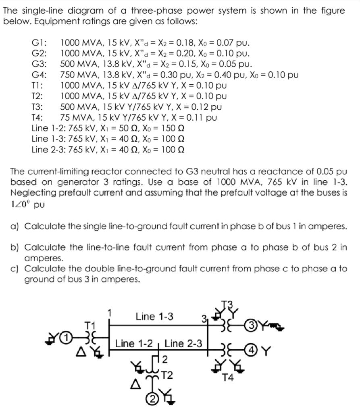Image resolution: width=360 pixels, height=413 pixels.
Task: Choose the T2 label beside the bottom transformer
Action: click(x=167, y=376)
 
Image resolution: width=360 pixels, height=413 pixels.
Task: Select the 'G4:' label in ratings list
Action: click(x=40, y=75)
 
